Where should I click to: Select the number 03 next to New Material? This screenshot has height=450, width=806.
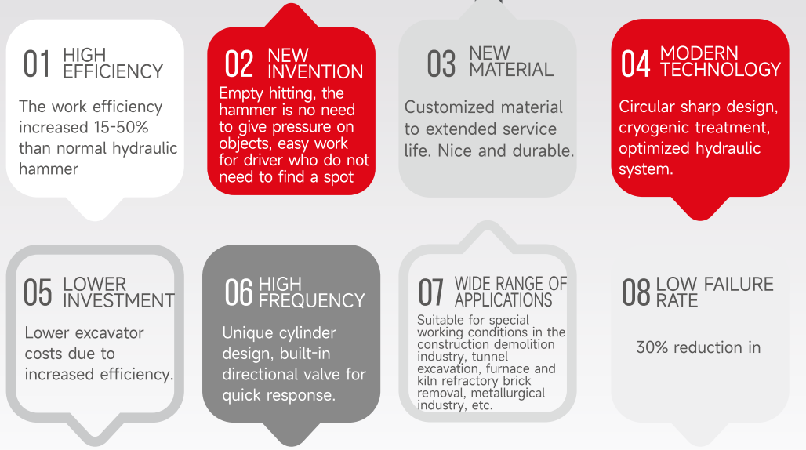pyautogui.click(x=441, y=64)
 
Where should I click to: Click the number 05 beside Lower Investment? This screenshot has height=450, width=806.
pyautogui.click(x=38, y=292)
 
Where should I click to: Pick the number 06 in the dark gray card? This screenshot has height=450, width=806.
pyautogui.click(x=238, y=292)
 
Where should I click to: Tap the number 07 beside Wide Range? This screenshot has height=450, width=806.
pyautogui.click(x=430, y=292)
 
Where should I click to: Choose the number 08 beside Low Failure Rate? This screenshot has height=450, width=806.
pyautogui.click(x=636, y=292)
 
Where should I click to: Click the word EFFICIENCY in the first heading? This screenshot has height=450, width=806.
pyautogui.click(x=113, y=71)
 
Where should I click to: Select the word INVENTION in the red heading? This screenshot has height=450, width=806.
pyautogui.click(x=316, y=72)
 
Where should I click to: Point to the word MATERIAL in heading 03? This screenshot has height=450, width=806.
pyautogui.click(x=511, y=69)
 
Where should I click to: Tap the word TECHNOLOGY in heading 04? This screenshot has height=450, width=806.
pyautogui.click(x=721, y=69)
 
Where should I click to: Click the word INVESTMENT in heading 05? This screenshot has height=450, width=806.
pyautogui.click(x=118, y=300)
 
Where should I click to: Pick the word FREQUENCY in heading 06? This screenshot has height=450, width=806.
pyautogui.click(x=311, y=300)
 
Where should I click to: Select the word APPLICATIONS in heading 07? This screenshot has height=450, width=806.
pyautogui.click(x=503, y=300)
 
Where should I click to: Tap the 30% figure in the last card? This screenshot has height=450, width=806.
pyautogui.click(x=652, y=347)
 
